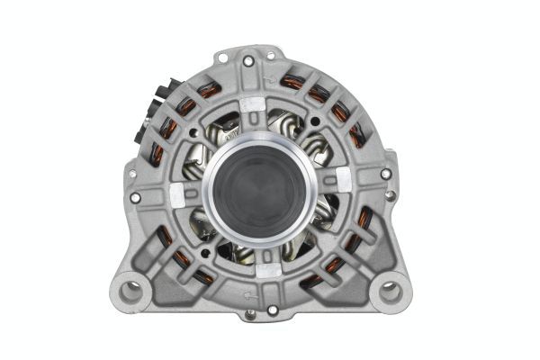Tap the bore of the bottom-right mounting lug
390,290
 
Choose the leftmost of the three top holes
247,61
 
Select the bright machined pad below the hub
268,267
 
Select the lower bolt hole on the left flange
135,197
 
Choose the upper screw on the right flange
386,174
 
